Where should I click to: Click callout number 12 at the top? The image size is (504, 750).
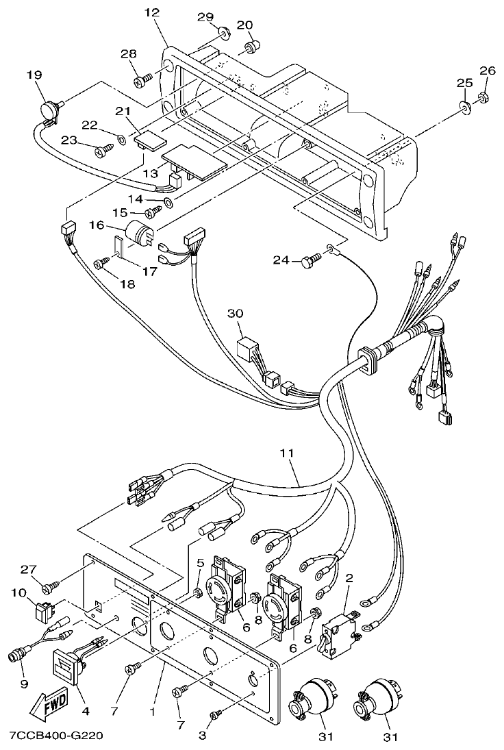152,12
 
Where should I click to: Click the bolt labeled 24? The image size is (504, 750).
309,260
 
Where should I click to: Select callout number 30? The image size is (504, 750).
236,313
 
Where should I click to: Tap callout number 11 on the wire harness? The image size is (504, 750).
288,453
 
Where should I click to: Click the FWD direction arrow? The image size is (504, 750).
47,706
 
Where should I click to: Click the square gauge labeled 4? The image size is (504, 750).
67,664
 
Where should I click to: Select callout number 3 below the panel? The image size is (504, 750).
201,736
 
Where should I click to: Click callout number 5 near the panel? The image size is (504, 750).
200,562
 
